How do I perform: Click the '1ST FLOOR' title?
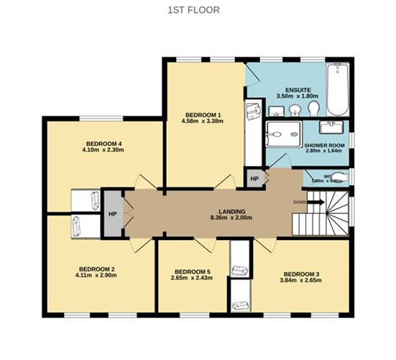point(193,10)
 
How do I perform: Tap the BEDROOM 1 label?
point(203,115)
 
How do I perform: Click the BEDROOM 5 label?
point(192,272)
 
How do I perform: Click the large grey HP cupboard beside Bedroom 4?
point(112,213)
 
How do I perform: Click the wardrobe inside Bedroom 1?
point(253,129)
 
